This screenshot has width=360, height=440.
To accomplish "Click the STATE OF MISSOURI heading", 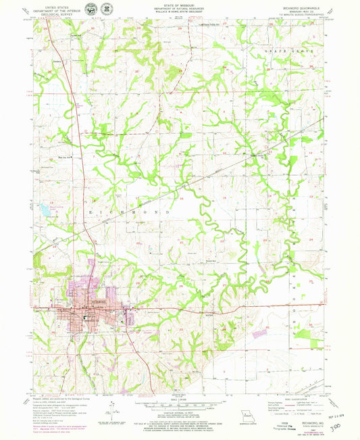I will (x=180, y=5).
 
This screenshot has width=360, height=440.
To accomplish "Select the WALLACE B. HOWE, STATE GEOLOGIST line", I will (x=180, y=11).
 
